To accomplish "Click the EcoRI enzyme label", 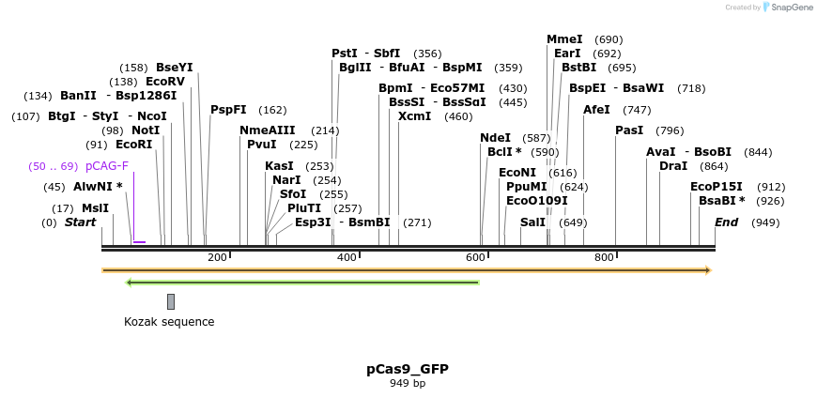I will (133, 145).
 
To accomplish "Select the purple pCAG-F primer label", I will (107, 166).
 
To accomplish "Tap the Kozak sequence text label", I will (169, 322).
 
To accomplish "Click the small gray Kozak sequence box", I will (171, 301).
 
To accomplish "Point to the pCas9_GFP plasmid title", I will (408, 369).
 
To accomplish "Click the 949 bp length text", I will (408, 383).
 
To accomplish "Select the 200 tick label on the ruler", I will (217, 257).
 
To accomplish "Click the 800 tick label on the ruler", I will (604, 257).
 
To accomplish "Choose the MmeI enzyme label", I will (564, 39).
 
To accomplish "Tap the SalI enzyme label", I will (532, 222).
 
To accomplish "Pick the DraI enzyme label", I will (673, 166).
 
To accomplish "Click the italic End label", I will (726, 222).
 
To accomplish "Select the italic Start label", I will (80, 222).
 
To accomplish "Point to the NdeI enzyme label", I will (495, 138).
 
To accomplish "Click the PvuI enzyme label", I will (262, 145).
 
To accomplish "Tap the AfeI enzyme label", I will (596, 110).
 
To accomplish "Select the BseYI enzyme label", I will (174, 68).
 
